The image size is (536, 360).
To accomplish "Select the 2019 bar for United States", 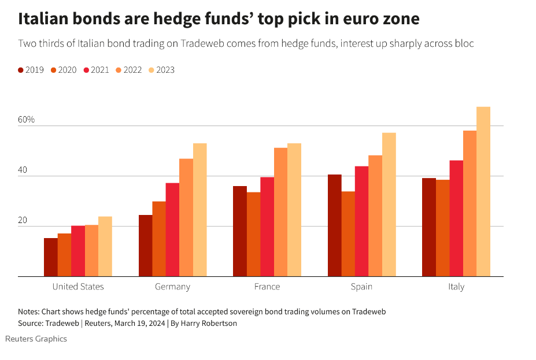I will coord(51,257).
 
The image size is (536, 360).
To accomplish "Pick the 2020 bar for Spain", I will coord(348,234).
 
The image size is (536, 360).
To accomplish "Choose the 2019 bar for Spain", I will coord(334,225).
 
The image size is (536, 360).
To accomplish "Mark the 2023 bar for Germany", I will coord(200,210).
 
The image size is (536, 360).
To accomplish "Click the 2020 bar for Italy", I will coord(443,228).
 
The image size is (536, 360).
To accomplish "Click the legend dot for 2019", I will coord(21,70).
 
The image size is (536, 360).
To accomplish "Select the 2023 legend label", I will coord(165,70).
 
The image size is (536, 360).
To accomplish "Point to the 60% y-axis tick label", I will coord(27,120).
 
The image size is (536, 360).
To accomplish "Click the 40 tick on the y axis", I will coord(24,170).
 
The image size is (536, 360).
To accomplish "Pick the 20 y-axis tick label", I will coord(24,220).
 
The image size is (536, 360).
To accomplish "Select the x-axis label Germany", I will coord(172,287).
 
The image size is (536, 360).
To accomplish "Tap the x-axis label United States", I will coord(78,287).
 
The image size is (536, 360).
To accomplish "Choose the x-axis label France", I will coord(267,287).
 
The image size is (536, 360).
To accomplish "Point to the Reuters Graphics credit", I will coord(36,339).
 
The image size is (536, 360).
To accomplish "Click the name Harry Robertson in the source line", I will coord(209,324).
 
